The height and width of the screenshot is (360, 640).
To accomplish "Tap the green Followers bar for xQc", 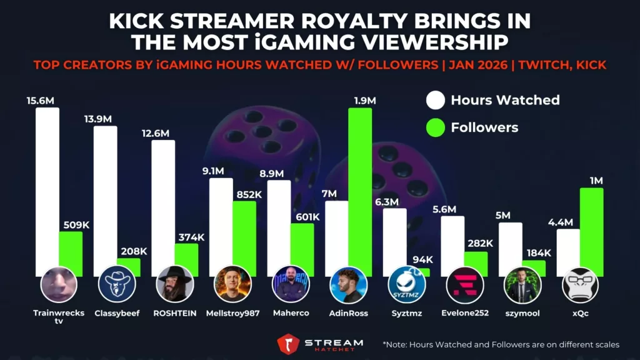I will (x=592, y=231).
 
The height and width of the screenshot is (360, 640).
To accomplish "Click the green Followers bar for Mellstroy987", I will (x=244, y=237).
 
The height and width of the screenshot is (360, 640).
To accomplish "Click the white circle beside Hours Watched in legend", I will (x=435, y=100).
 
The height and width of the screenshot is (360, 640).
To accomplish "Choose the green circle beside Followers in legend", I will (x=435, y=128).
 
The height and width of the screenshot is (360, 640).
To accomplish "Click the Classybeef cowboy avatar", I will (x=117, y=284).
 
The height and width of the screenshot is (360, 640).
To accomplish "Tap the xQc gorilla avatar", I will (x=580, y=284).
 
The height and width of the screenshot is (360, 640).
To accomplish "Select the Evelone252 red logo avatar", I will (x=464, y=284).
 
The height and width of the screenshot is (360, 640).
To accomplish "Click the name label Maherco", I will (x=291, y=312).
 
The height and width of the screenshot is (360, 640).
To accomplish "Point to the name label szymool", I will (x=522, y=312).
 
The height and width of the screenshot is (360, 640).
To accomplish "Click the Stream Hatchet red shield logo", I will (x=288, y=343).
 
